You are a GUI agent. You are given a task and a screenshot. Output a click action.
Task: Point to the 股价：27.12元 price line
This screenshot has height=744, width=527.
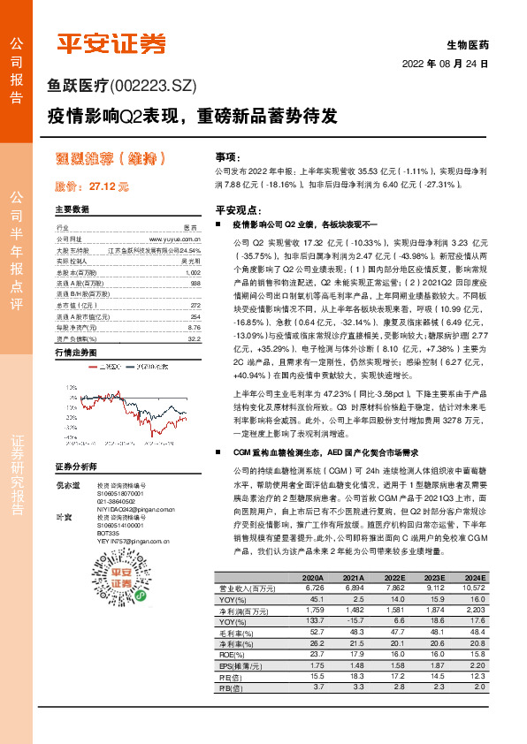click(x=92, y=187)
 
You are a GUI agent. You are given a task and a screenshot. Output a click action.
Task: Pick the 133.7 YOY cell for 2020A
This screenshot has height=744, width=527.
click(x=313, y=622)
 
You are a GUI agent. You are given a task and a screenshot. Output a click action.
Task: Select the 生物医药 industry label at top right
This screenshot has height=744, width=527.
click(x=469, y=43)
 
